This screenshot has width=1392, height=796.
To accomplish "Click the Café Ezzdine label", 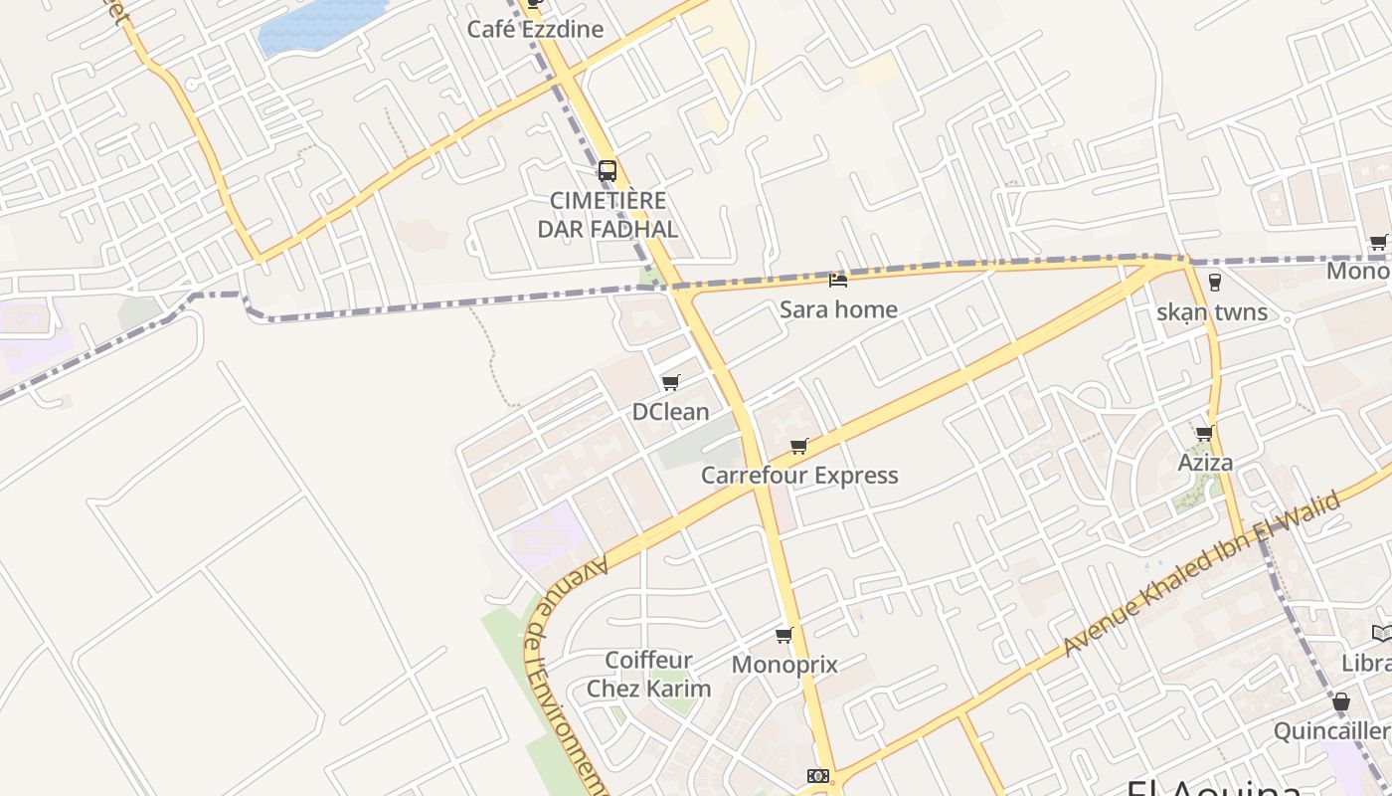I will coord(535,29).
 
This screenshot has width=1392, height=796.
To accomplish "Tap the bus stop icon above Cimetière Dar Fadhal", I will coord(608,170).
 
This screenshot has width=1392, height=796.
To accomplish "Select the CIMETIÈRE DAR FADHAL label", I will coord(608,215).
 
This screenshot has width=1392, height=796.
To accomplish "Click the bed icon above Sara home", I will coord(838,281).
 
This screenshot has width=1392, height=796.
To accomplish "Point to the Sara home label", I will coord(838,309).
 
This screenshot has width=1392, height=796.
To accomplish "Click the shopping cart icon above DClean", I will coord(671,382).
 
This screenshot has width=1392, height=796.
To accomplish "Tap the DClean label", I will coord(671,411).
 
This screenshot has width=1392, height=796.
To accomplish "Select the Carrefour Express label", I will coord(799,476).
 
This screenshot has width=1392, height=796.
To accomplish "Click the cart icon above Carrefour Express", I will coord(799,446).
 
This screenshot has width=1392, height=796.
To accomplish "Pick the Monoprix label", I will coord(784,665).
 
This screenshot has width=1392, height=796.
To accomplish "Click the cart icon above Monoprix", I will coord(784,635).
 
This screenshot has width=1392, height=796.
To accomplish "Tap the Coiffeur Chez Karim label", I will coord(648,675).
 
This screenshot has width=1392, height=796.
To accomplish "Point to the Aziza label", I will coord(1205,463).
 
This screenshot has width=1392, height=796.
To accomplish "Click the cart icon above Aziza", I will coord(1205,433).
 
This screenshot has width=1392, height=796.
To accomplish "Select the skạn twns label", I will coord(1212,312).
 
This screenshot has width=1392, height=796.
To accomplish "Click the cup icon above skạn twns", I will coord(1213,282).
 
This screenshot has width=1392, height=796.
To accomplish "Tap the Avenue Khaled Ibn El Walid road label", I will coord(1201,574).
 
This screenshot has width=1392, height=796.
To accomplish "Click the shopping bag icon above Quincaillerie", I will coord(1340,701).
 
